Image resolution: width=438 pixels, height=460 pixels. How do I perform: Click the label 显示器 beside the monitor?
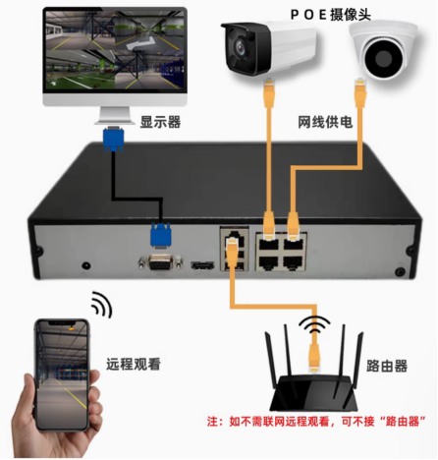(160, 122)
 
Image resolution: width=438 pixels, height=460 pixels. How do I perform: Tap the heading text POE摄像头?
(331, 15)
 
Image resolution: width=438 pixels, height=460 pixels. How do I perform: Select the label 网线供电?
(325, 122)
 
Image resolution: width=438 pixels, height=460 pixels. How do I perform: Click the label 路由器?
(387, 366)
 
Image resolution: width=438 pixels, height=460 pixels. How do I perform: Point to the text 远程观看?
(134, 364)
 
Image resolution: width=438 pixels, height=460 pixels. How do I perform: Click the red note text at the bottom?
(316, 421)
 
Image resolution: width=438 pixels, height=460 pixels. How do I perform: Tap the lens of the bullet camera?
(242, 48)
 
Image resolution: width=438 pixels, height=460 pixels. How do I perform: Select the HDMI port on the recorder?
(203, 265)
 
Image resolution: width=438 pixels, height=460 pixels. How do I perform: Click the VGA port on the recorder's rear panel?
(160, 262)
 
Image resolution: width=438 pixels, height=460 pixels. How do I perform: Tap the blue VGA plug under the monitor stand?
(113, 139)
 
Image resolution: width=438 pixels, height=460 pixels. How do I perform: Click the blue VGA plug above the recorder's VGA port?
(160, 235)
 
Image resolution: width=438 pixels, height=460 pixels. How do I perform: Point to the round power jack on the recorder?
(86, 265)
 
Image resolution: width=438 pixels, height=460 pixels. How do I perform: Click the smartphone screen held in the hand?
(62, 374)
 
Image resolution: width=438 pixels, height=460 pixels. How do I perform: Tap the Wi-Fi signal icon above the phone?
(102, 304)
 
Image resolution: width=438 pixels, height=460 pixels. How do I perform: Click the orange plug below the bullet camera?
(269, 92)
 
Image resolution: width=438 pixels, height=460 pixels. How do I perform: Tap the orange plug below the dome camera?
(360, 92)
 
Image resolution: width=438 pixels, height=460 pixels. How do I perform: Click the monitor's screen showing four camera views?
(115, 50)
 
